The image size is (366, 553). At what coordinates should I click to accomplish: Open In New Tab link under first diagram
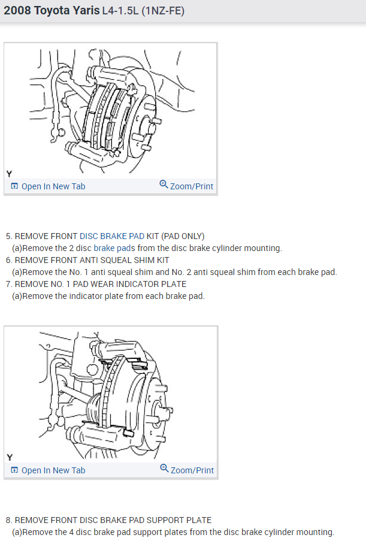[53, 186]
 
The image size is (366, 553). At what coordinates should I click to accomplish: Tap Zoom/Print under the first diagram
[191, 186]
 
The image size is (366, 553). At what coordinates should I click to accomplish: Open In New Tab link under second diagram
[53, 470]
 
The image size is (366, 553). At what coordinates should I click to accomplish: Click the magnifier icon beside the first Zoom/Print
[164, 185]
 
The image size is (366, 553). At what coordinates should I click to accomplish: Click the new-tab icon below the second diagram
[14, 470]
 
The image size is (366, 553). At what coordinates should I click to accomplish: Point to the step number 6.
[8, 260]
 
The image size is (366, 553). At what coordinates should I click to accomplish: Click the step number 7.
[8, 284]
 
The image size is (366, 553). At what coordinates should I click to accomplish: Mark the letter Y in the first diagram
[9, 173]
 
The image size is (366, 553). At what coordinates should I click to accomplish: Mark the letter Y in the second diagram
[9, 457]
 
